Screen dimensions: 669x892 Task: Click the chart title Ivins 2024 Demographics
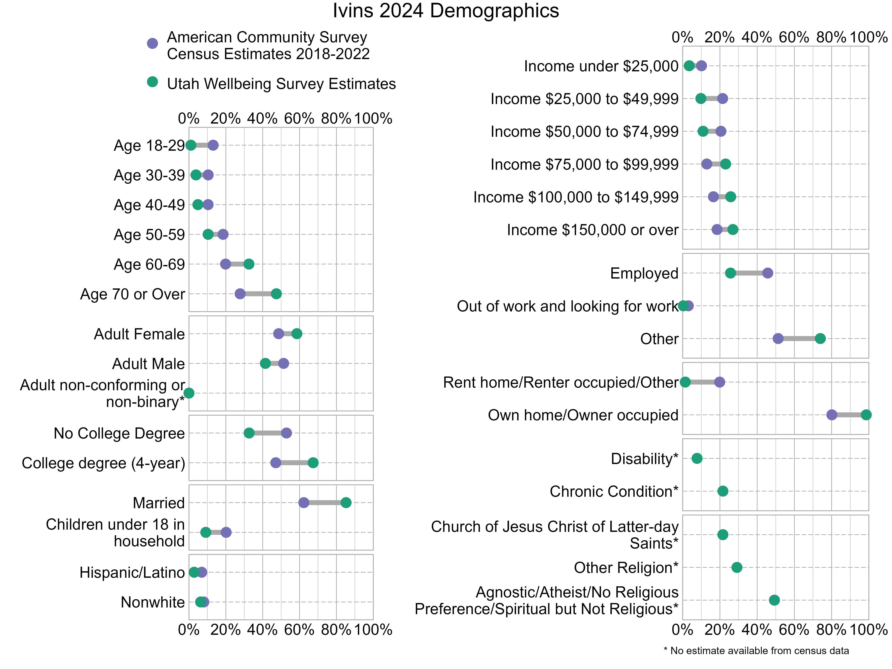point(446,11)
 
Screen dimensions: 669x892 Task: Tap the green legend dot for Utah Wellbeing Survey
point(152,82)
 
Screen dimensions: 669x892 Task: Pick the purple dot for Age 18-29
point(213,145)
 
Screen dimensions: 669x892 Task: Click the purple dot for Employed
point(767,273)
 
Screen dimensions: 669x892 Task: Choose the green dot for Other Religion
point(736,567)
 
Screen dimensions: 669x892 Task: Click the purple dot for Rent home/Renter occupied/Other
point(719,382)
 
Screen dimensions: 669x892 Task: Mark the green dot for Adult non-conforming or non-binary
point(189,393)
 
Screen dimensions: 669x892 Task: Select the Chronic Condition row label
point(614,491)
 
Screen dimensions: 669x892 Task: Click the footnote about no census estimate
point(756,650)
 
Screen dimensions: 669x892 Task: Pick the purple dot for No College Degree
point(286,433)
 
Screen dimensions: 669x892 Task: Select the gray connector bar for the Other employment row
point(799,338)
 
